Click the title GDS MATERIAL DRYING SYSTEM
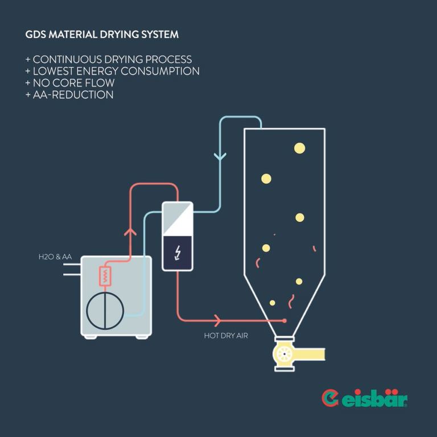pos(102,35)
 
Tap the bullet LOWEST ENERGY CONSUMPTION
pos(112,71)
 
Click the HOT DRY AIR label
pos(226,336)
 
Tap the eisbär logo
pos(365,398)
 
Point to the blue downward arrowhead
pos(220,155)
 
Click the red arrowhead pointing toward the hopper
pos(217,320)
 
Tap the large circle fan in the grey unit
pos(105,311)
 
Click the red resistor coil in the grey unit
pos(105,277)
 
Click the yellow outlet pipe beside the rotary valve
pos(310,354)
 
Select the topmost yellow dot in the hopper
pos(299,149)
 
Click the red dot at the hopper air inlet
pos(285,321)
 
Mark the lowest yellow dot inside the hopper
pos(273,303)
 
